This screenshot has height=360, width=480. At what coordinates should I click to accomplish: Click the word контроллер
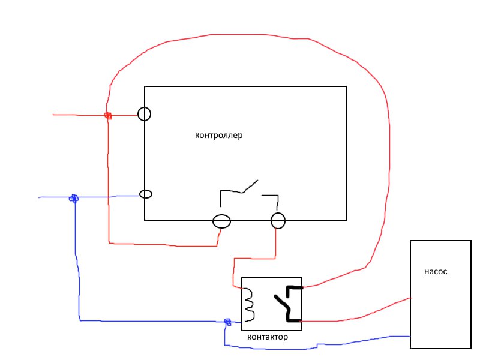218,136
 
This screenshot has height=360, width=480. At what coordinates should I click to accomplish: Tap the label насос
436,272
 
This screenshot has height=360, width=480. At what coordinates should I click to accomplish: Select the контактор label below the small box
268,337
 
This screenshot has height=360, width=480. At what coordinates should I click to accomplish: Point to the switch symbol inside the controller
242,192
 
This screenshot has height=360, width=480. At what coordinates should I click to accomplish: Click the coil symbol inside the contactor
250,305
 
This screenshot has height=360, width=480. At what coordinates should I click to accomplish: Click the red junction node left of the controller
108,116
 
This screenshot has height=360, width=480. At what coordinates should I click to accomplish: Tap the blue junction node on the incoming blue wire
74,199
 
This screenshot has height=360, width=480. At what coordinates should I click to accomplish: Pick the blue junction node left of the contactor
227,322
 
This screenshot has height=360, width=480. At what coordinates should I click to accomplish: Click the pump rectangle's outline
410,294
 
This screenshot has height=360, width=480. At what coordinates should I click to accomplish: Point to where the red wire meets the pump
410,298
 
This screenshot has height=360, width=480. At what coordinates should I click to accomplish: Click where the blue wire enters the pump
410,337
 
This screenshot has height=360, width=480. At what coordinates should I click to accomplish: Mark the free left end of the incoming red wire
53,115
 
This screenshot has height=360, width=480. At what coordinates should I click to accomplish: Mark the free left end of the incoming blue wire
39,198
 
